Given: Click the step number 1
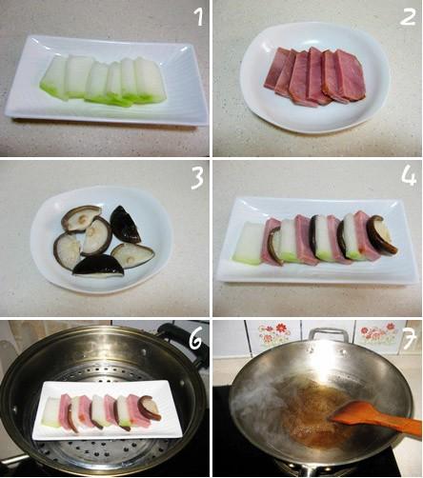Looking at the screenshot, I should [x=197, y=18].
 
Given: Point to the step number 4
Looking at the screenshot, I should [x=408, y=178].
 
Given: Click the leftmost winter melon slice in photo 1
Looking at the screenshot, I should [x=53, y=79].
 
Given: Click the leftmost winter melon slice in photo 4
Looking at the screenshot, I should [x=250, y=243].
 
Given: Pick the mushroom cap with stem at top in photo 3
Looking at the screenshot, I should [x=80, y=218].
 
